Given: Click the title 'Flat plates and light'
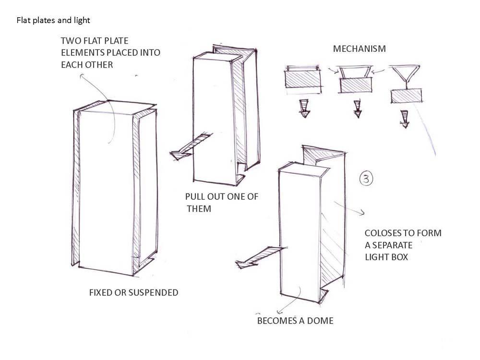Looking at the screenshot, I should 53,20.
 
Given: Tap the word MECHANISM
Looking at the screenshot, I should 359,49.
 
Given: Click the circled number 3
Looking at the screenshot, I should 366,179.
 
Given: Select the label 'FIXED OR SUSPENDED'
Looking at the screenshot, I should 133,292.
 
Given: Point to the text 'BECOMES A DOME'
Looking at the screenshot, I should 295,321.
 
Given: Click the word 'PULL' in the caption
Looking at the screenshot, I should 196,197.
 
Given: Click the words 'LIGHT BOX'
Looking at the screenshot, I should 386,257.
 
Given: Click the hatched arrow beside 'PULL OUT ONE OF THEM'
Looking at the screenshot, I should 189,147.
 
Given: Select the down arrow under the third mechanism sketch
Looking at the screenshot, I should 405,118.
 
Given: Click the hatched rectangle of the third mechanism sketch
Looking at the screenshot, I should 406,96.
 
